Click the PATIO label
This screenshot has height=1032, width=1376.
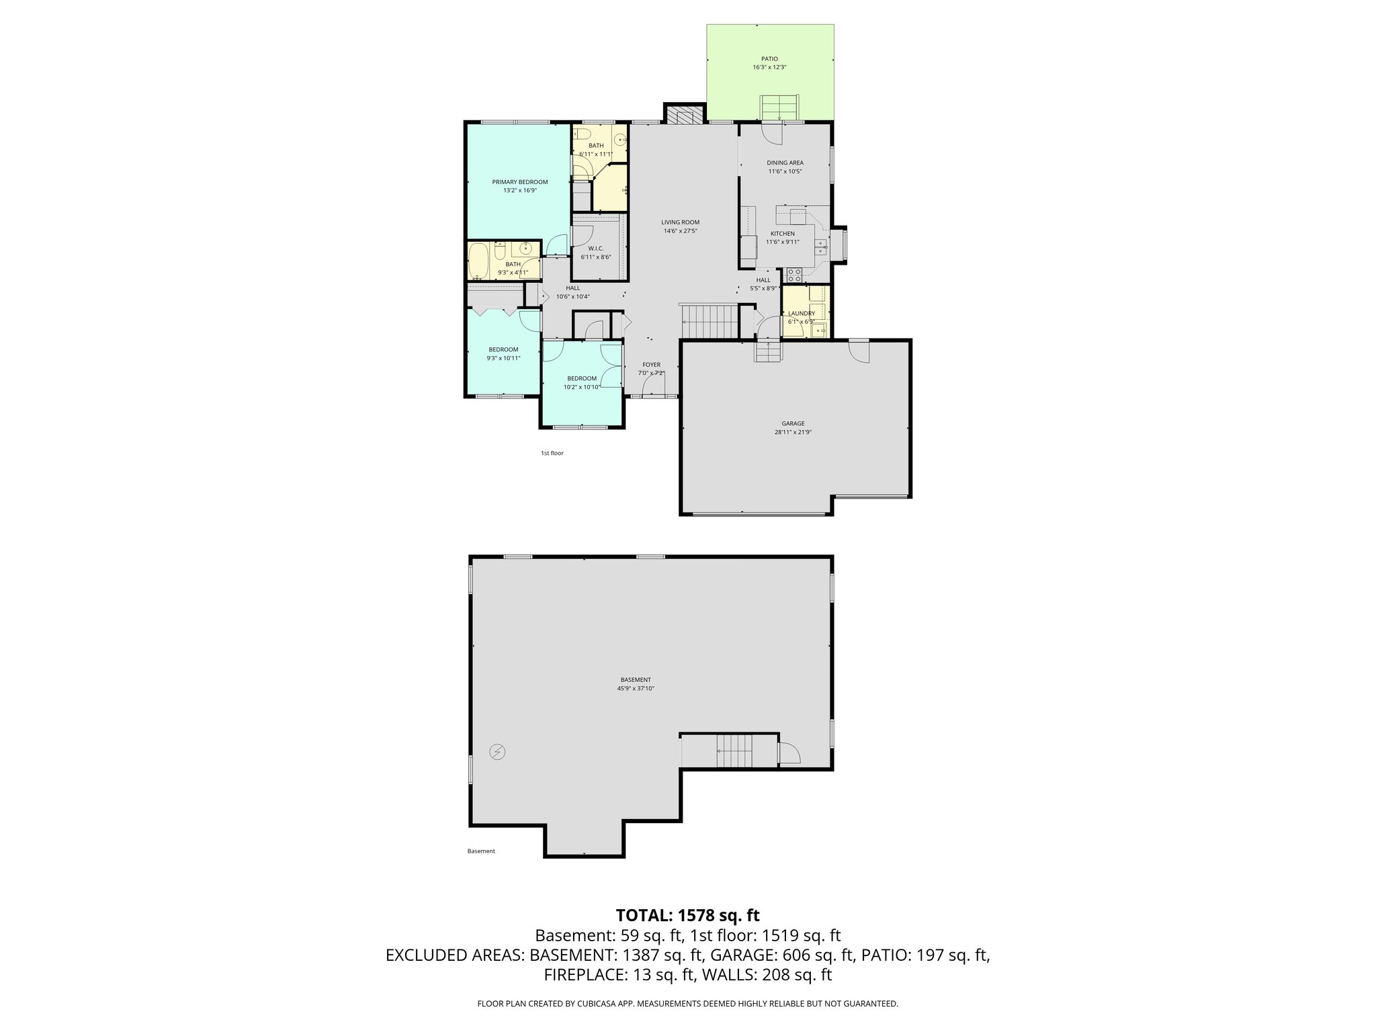[x=770, y=58]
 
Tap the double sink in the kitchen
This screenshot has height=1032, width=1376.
[x=821, y=249]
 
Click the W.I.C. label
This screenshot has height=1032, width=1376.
[x=595, y=248]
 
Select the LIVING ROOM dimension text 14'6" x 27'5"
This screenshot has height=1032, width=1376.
[x=680, y=230]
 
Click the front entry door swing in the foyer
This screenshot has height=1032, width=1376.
[x=653, y=384]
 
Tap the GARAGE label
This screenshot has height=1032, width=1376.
[x=793, y=423]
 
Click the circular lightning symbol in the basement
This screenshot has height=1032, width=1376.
[x=497, y=752]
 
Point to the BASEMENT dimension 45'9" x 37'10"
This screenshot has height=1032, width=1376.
[x=636, y=688]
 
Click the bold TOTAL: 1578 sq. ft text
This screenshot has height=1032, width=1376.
[x=687, y=915]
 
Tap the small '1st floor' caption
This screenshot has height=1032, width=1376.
[x=552, y=454]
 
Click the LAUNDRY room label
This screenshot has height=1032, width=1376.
[x=801, y=313]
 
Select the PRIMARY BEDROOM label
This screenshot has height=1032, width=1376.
[x=519, y=182]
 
